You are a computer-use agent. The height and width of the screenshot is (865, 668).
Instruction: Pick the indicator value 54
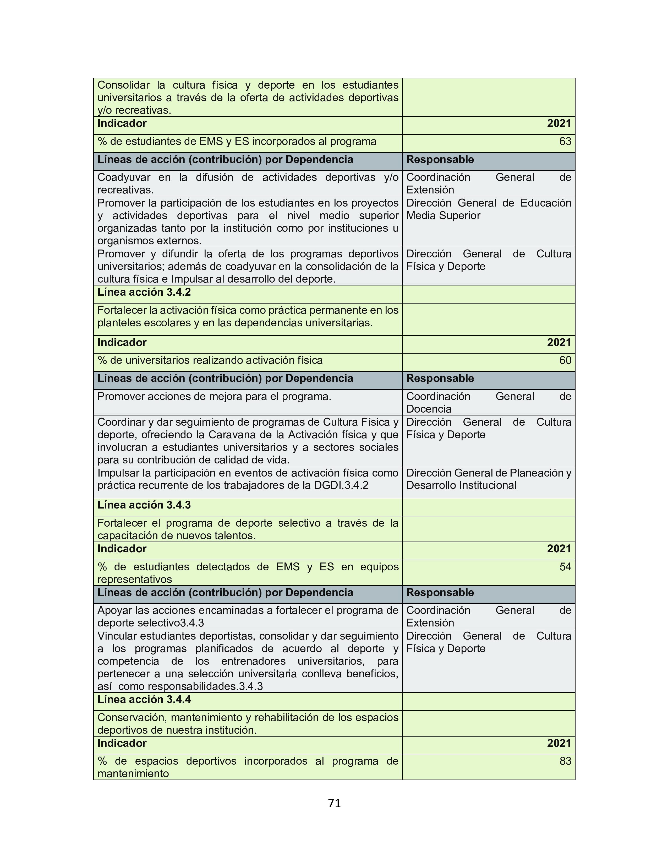pyautogui.click(x=565, y=567)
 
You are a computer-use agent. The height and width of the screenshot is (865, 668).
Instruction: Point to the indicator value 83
pyautogui.click(x=565, y=761)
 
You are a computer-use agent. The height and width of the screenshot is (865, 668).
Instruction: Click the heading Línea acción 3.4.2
pyautogui.click(x=144, y=292)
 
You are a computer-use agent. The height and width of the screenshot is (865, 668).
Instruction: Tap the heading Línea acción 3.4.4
pyautogui.click(x=144, y=699)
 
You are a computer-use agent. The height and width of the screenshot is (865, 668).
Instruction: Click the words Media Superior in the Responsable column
pyautogui.click(x=443, y=216)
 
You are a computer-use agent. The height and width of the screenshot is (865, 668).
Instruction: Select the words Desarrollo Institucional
pyautogui.click(x=461, y=485)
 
